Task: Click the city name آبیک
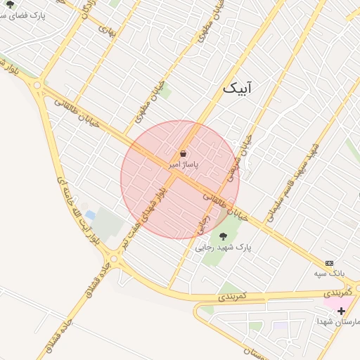tap(237, 88)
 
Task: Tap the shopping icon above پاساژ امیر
tap(184, 153)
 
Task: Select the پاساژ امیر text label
tap(184, 164)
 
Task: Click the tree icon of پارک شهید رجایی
tap(224, 236)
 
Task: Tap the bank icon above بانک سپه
tap(330, 262)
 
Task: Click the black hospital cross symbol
tap(341, 311)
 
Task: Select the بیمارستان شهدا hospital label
tap(339, 321)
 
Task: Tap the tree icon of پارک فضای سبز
tap(10, 4)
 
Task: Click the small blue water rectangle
tap(90, 215)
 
